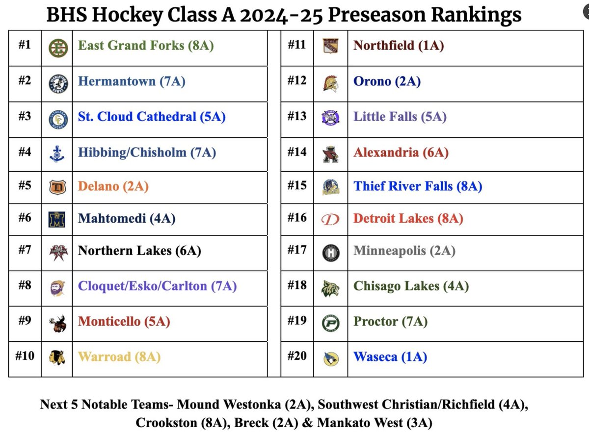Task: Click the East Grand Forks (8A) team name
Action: pos(146,46)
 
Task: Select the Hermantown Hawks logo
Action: pos(58,83)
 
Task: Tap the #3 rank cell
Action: pos(25,117)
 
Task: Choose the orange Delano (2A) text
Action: pos(113,186)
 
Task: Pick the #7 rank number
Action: pos(25,251)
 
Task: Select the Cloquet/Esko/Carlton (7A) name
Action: pos(157,286)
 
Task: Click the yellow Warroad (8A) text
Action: pos(119,357)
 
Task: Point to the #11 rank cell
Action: pos(296,46)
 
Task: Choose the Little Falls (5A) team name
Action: pos(400,117)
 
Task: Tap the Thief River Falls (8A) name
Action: pos(418,186)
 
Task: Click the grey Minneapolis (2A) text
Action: pos(404,251)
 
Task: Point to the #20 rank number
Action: pos(296,356)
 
